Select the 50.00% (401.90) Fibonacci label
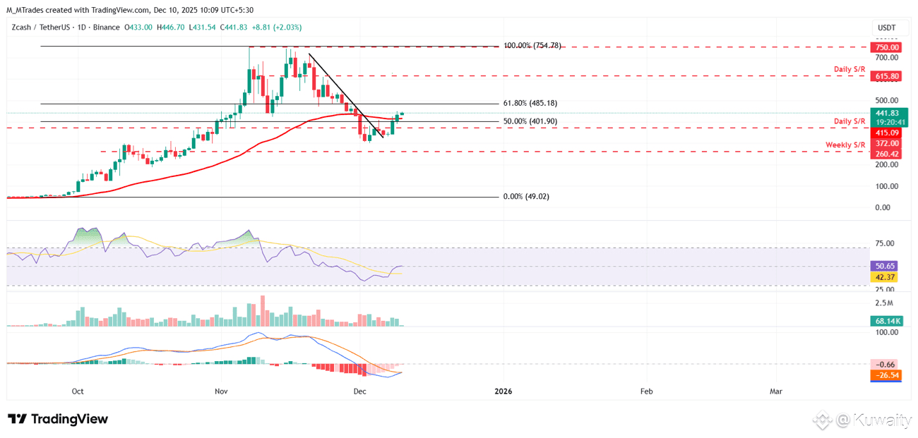point(530,121)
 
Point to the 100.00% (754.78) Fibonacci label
point(532,46)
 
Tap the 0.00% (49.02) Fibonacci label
point(525,197)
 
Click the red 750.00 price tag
point(887,47)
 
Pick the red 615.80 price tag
point(887,76)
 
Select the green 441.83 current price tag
point(887,113)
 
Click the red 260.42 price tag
point(887,154)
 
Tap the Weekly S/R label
point(845,145)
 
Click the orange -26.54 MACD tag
point(886,375)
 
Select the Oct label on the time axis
point(78,391)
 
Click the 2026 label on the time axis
point(503,391)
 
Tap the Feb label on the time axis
point(645,391)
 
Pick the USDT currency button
point(886,28)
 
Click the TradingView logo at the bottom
point(58,419)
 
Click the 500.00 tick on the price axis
point(886,100)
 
